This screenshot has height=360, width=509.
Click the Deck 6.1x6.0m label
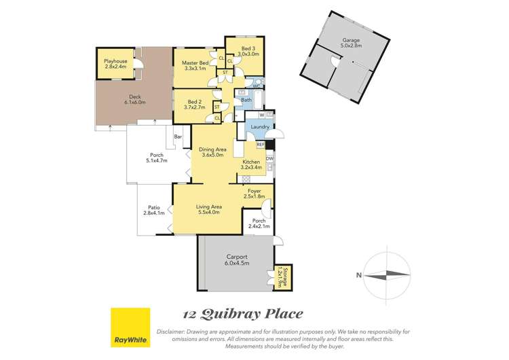[136, 100]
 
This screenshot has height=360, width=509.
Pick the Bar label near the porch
[179, 137]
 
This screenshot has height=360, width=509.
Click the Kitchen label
[250, 162]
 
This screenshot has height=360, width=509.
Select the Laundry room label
[260, 127]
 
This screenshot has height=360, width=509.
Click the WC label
[256, 86]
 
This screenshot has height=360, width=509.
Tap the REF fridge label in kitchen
[260, 145]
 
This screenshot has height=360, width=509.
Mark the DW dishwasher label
[269, 159]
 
